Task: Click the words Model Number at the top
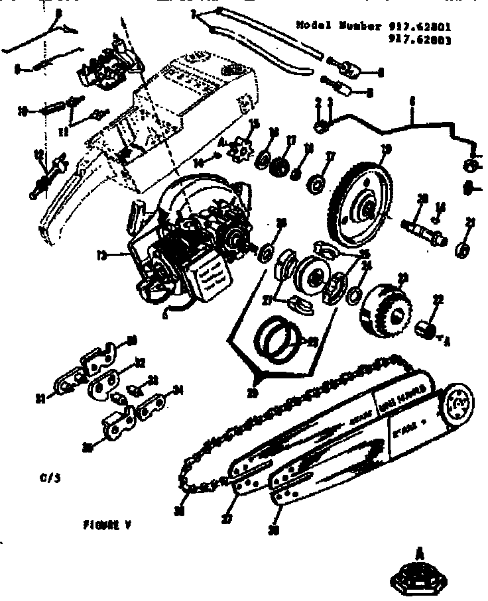(x=339, y=26)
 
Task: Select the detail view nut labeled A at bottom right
(x=419, y=577)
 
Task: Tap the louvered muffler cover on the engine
(x=213, y=276)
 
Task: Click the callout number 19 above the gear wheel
(x=388, y=148)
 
